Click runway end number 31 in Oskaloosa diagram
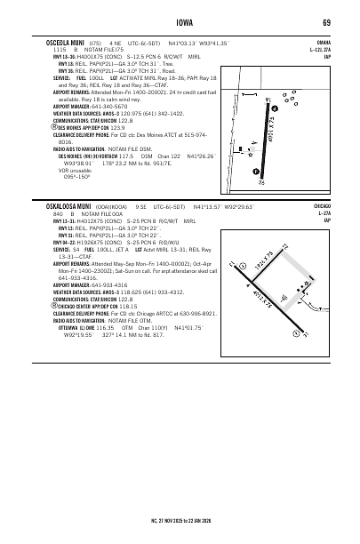[x=294, y=335]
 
